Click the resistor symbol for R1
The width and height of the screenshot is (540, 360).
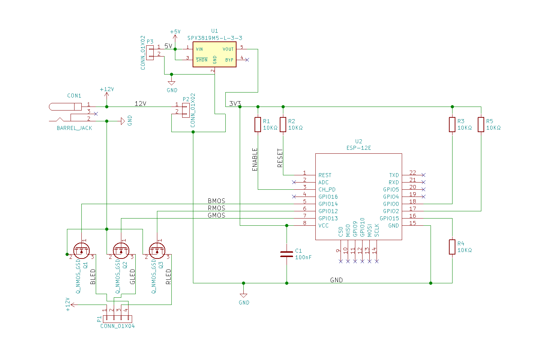258,125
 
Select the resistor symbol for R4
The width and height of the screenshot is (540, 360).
452,247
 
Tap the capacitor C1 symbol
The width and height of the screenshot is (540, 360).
287,254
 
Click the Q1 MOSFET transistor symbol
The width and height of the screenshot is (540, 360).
82,251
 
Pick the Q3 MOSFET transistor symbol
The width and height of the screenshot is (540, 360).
157,251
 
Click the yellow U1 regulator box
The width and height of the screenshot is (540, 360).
215,54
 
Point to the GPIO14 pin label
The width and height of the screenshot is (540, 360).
328,204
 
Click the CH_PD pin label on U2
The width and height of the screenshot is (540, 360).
327,190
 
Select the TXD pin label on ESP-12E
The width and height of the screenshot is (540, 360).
394,175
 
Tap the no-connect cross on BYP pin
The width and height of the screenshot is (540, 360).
247,60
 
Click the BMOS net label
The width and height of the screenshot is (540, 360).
216,201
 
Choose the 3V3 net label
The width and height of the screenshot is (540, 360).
235,104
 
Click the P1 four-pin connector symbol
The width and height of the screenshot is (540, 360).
118,319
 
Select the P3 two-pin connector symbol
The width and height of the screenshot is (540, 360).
150,53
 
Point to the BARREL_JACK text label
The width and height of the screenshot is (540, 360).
75,128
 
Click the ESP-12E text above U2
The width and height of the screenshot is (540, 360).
359,148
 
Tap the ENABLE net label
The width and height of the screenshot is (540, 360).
255,159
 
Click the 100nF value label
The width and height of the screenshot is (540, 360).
303,257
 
